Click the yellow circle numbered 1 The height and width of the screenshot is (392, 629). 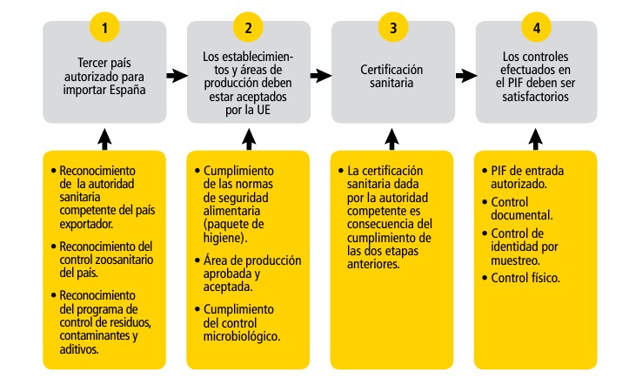[x=104, y=27]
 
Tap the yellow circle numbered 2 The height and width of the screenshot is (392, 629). [x=248, y=27]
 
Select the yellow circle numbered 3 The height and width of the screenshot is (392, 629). [x=392, y=27]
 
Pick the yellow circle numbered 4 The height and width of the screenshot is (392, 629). [x=536, y=27]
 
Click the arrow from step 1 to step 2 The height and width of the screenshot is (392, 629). [x=176, y=76]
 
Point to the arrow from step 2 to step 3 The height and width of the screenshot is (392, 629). [x=320, y=76]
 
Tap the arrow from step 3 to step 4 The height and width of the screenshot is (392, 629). [x=464, y=76]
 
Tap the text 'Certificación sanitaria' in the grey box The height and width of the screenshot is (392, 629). [x=392, y=76]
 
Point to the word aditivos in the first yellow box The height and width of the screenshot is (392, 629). [x=80, y=348]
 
